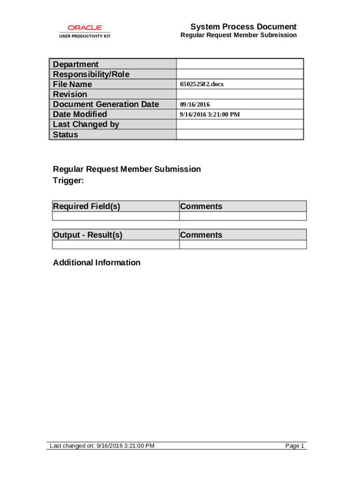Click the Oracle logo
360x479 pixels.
point(85,28)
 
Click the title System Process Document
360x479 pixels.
point(243,27)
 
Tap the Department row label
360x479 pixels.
point(76,64)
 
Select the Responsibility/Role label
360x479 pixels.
point(91,74)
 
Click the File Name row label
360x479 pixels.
point(72,84)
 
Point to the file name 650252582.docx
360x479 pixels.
point(202,85)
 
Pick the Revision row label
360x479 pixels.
point(70,94)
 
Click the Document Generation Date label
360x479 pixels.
point(106,104)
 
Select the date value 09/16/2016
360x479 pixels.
point(195,105)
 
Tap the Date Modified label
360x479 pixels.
point(80,114)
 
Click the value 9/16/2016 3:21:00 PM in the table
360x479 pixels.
point(210,115)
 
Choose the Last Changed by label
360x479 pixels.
point(86,124)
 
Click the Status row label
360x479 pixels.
point(65,135)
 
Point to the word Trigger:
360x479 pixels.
point(68,181)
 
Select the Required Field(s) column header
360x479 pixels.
point(86,206)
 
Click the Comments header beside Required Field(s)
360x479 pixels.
point(201,206)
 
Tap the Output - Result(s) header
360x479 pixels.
point(88,235)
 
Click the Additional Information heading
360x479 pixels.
point(97,262)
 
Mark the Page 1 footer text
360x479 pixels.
point(295,446)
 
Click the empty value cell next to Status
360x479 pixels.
point(240,135)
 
